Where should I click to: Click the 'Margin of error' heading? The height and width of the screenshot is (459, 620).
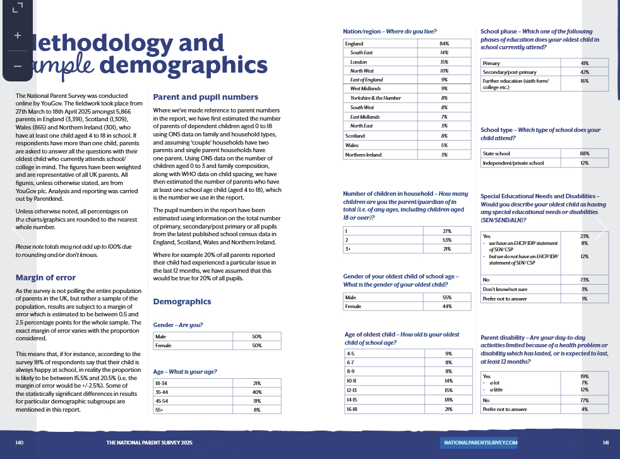(45, 277)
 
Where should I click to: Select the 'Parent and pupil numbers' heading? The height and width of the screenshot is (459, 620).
(206, 97)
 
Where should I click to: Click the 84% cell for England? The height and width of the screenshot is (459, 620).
(444, 44)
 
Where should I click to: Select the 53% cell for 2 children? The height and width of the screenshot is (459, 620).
(446, 240)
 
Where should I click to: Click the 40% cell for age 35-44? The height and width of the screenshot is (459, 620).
(257, 392)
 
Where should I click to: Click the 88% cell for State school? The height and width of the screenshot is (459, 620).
(584, 153)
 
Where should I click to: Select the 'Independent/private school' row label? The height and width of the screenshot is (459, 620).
(513, 163)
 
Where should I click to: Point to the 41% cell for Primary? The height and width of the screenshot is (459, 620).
(584, 63)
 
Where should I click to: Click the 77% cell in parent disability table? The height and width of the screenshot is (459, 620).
(584, 400)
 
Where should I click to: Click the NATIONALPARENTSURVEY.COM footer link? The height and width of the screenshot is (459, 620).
(480, 443)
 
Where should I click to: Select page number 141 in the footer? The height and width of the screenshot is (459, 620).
(605, 443)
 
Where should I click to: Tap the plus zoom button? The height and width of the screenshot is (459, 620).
(18, 35)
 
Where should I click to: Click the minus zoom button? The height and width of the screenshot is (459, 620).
(18, 66)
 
